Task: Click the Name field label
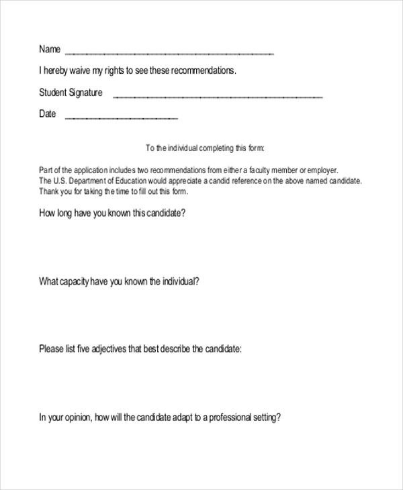[x=50, y=49]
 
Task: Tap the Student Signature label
[x=71, y=93]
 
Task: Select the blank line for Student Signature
[x=218, y=97]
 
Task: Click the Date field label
[x=48, y=114]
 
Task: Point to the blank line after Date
[x=121, y=118]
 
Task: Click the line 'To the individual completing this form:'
[x=206, y=148]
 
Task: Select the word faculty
[x=257, y=170]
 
